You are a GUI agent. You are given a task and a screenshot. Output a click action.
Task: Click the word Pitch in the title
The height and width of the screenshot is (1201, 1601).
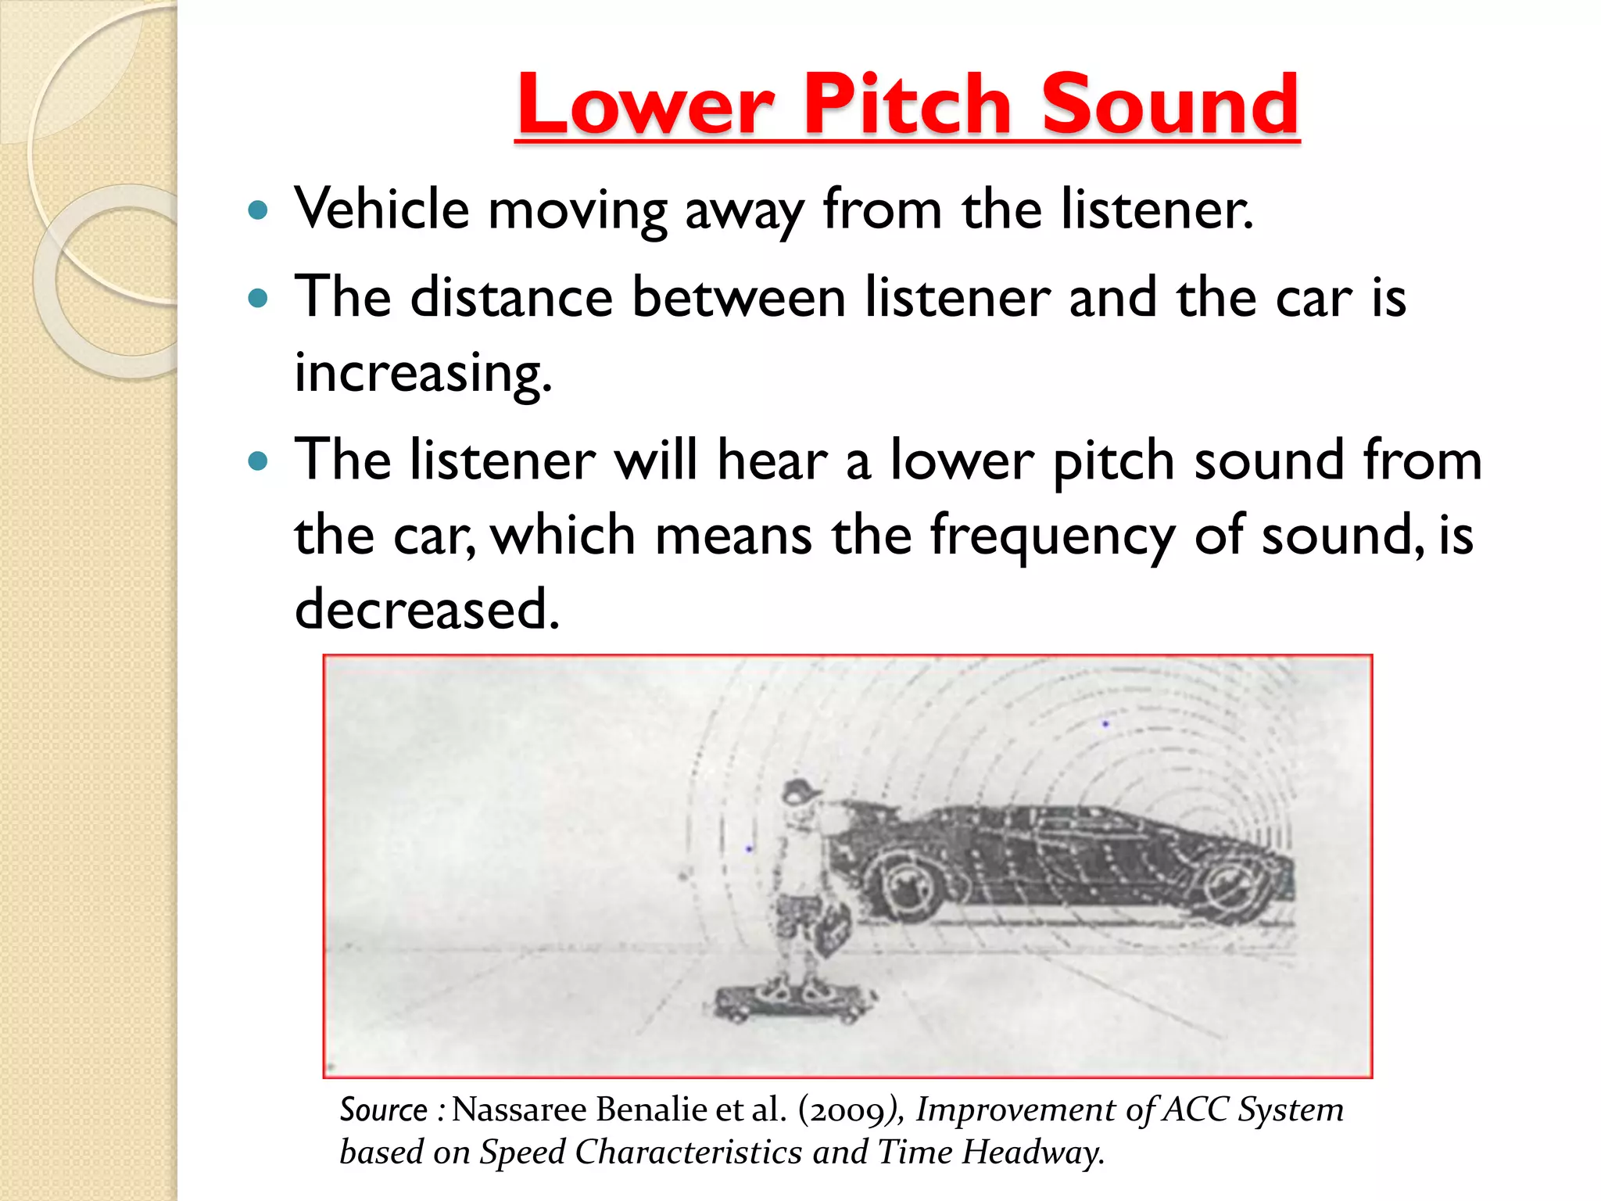[x=907, y=104]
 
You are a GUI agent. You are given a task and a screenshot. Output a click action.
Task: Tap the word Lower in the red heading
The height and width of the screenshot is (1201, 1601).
[x=646, y=104]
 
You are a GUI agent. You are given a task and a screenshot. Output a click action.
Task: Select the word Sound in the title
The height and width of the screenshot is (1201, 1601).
[x=1169, y=104]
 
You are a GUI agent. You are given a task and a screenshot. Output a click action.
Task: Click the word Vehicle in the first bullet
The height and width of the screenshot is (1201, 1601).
[x=381, y=210]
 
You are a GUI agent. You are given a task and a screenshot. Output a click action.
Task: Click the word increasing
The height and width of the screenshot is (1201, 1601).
[x=423, y=372]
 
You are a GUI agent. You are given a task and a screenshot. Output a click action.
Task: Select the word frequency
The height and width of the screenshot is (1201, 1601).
[x=1052, y=536]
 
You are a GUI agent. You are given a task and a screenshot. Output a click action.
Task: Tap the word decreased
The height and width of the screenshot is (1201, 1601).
[x=427, y=609]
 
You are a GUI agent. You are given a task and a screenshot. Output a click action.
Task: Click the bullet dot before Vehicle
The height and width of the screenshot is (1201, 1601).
[x=257, y=210]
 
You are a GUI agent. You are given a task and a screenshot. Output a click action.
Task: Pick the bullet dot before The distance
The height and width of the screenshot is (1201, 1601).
[x=257, y=298]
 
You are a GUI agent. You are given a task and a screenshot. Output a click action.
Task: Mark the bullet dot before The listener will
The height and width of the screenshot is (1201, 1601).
[x=257, y=461]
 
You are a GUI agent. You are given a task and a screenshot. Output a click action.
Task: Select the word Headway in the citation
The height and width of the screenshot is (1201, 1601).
[x=1032, y=1152]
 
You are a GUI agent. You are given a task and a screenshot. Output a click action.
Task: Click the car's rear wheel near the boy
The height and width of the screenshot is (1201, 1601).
[x=907, y=884]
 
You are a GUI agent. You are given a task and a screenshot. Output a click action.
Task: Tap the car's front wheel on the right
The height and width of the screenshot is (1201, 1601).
[x=1240, y=884]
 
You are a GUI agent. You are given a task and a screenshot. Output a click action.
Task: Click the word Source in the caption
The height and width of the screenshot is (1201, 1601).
[x=384, y=1110]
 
